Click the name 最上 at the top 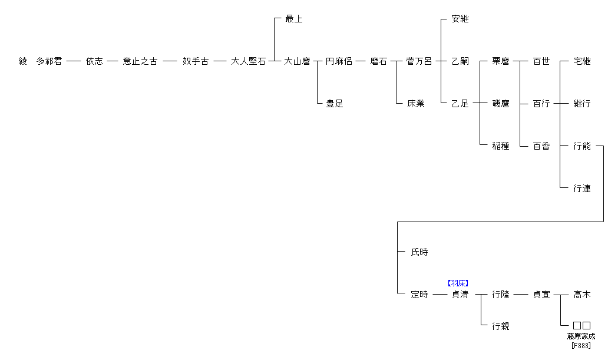point(293,19)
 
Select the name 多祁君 point(49,61)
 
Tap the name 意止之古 point(140,61)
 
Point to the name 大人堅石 point(248,61)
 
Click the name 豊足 point(335,104)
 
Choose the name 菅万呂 point(419,61)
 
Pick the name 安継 point(460,19)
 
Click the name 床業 point(416,104)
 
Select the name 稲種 point(501,146)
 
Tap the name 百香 point(541,146)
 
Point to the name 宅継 point(582,61)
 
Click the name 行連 point(582,189)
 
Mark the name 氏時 point(419,252)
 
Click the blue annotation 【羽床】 point(458,283)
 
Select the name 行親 point(501,326)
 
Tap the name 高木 point(582,295)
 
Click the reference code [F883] point(581,345)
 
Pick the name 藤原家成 point(581,336)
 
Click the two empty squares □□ point(581,326)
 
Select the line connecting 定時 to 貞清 point(441,295)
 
